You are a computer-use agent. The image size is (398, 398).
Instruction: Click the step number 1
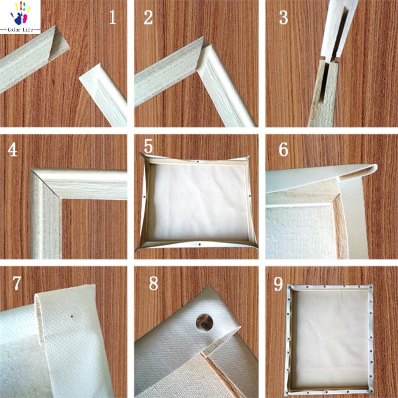(x=112, y=17)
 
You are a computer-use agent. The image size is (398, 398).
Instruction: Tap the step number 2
(x=148, y=17)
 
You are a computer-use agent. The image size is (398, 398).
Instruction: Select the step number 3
(x=283, y=17)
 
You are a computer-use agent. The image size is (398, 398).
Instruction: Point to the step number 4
(x=12, y=150)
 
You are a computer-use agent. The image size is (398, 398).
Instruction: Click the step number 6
(x=283, y=149)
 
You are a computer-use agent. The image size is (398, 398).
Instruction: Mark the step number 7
(x=16, y=283)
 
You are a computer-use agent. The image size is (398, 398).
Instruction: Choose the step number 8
(x=153, y=284)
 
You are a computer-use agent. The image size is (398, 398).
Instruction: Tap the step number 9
(x=278, y=284)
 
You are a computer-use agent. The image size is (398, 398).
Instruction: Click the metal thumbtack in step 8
(x=204, y=322)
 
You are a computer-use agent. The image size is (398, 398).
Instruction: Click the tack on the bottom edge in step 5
(x=199, y=245)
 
